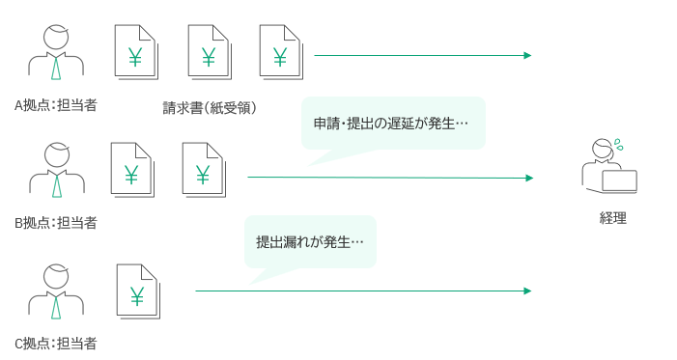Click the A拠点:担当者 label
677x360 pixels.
click(x=56, y=105)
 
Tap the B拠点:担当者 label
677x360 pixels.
click(x=56, y=223)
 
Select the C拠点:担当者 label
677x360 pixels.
click(x=56, y=344)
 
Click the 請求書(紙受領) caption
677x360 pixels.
click(x=210, y=108)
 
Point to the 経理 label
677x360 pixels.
click(x=612, y=218)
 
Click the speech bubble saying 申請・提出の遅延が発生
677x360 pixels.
click(x=393, y=124)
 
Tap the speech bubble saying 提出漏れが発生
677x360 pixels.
click(x=310, y=242)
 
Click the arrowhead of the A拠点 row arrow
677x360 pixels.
click(x=527, y=55)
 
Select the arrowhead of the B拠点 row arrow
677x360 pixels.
click(x=529, y=178)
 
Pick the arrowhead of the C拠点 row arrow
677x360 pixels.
click(x=527, y=291)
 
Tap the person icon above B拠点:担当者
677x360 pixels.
click(x=57, y=170)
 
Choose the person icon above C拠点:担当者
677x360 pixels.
click(x=56, y=291)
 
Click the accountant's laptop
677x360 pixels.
click(x=620, y=181)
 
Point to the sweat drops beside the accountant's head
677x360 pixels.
click(x=619, y=145)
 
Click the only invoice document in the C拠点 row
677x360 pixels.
click(x=138, y=291)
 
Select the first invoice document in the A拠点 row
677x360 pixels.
click(x=136, y=52)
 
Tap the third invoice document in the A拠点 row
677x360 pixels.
click(x=281, y=52)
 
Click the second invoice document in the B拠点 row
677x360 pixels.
click(x=204, y=170)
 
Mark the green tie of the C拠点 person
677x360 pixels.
click(x=56, y=307)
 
